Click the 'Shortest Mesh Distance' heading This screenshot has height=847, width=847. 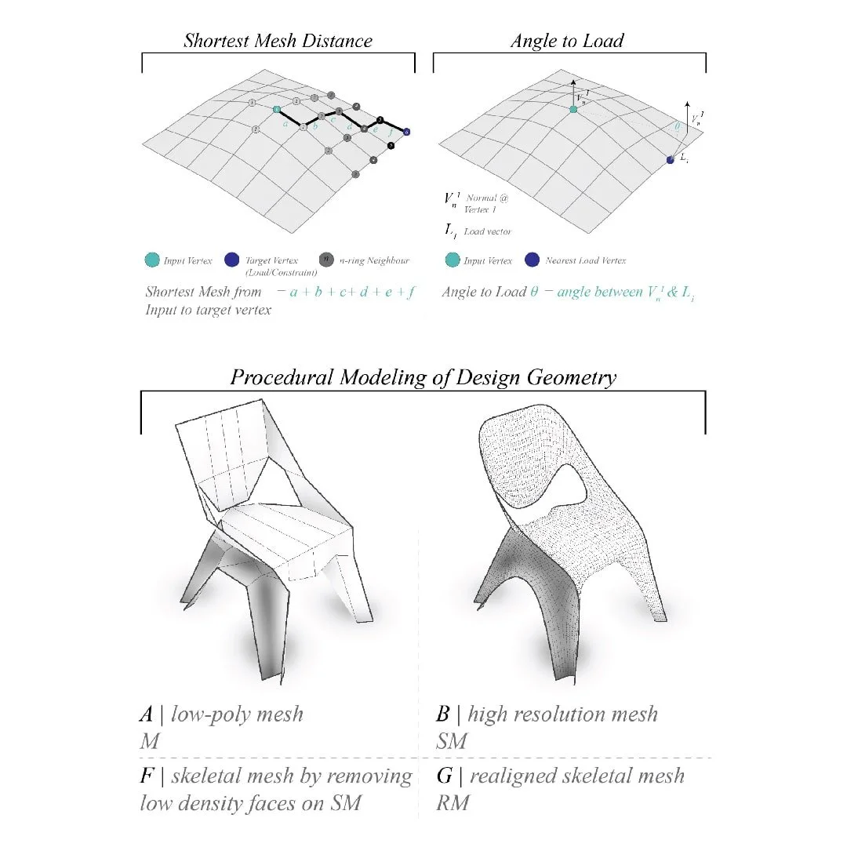coord(278,41)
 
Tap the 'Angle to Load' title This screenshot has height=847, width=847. coord(567,41)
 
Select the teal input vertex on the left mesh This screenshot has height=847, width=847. coord(277,111)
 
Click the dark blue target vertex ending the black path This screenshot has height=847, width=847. coord(407,133)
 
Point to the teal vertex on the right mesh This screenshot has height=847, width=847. coord(573,110)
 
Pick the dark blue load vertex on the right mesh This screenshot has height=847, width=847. coord(671,159)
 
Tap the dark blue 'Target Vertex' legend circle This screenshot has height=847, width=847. coord(231,260)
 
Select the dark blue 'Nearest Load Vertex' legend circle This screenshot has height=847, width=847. coord(532,260)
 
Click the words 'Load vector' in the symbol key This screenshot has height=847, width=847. coord(491,231)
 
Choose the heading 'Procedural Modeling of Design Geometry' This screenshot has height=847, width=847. coord(423,377)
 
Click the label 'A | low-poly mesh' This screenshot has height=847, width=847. coord(221,714)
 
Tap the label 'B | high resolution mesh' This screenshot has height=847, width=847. coord(547,714)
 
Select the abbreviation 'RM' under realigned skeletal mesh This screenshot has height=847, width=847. coord(453,803)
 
